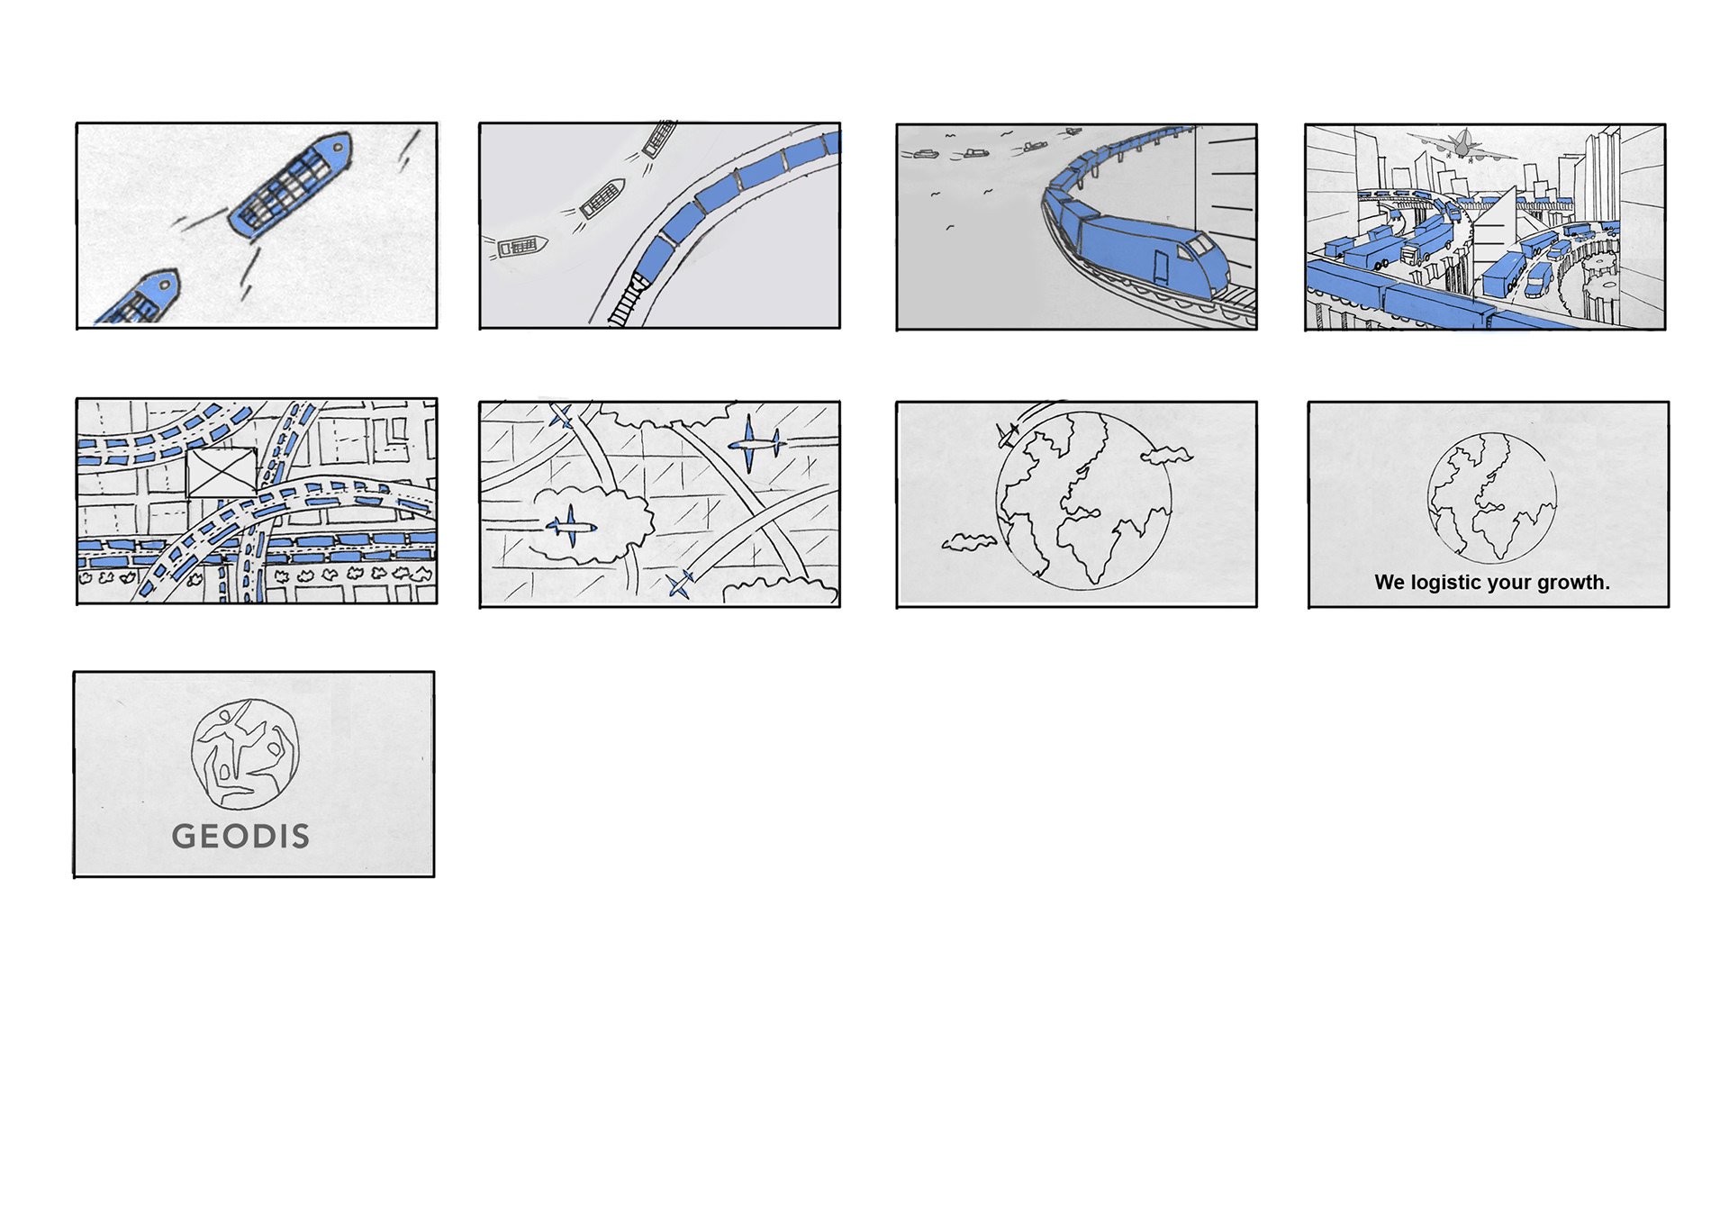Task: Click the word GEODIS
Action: click(240, 836)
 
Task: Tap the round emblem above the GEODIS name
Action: click(245, 755)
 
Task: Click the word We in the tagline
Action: click(1390, 583)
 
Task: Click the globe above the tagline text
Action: click(1492, 498)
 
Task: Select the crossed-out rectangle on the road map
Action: click(222, 472)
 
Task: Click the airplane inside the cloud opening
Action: click(571, 526)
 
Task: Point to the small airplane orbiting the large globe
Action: click(1007, 435)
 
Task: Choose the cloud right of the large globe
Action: click(1166, 456)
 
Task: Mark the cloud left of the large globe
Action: click(968, 541)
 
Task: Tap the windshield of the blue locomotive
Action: click(1201, 244)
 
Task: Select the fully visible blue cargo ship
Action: click(290, 185)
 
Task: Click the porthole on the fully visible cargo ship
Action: click(339, 146)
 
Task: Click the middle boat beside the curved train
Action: click(602, 199)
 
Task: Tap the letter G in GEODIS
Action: click(184, 837)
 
